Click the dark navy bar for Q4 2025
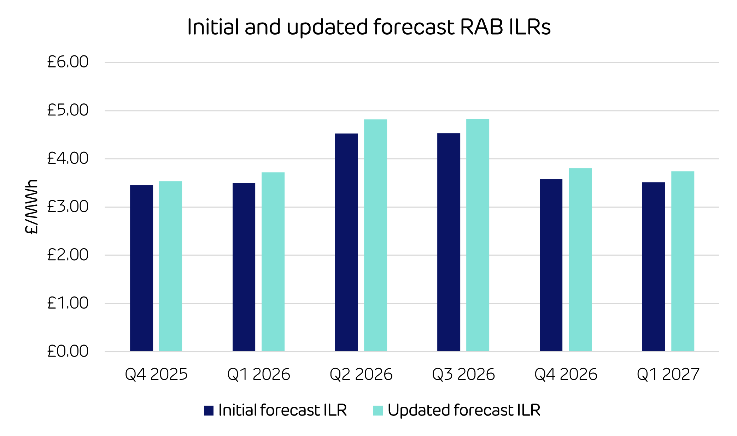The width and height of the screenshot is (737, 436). pyautogui.click(x=141, y=268)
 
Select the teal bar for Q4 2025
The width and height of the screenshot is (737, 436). pyautogui.click(x=170, y=267)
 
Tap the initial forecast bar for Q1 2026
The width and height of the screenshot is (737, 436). pyautogui.click(x=244, y=267)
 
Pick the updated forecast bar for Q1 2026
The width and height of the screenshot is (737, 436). pyautogui.click(x=273, y=262)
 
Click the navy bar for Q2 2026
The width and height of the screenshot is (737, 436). pyautogui.click(x=346, y=243)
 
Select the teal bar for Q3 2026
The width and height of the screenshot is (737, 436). pyautogui.click(x=478, y=235)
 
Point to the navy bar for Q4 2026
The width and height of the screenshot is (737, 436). pyautogui.click(x=551, y=265)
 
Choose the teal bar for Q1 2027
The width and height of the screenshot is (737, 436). pyautogui.click(x=683, y=262)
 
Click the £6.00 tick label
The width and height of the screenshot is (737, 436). pyautogui.click(x=68, y=62)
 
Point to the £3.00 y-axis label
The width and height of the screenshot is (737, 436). pyautogui.click(x=68, y=207)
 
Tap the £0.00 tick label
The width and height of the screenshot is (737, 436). pyautogui.click(x=68, y=351)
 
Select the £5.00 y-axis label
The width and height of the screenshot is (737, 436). pyautogui.click(x=68, y=110)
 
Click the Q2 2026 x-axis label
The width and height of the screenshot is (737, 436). pyautogui.click(x=361, y=375)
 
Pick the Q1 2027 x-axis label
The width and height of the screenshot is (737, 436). pyautogui.click(x=668, y=375)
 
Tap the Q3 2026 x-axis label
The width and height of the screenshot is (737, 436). pyautogui.click(x=463, y=375)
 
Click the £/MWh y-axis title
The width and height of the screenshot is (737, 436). pyautogui.click(x=31, y=207)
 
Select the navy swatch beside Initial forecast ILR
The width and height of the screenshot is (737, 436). pyautogui.click(x=209, y=411)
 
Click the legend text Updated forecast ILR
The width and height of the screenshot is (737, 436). pyautogui.click(x=464, y=410)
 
